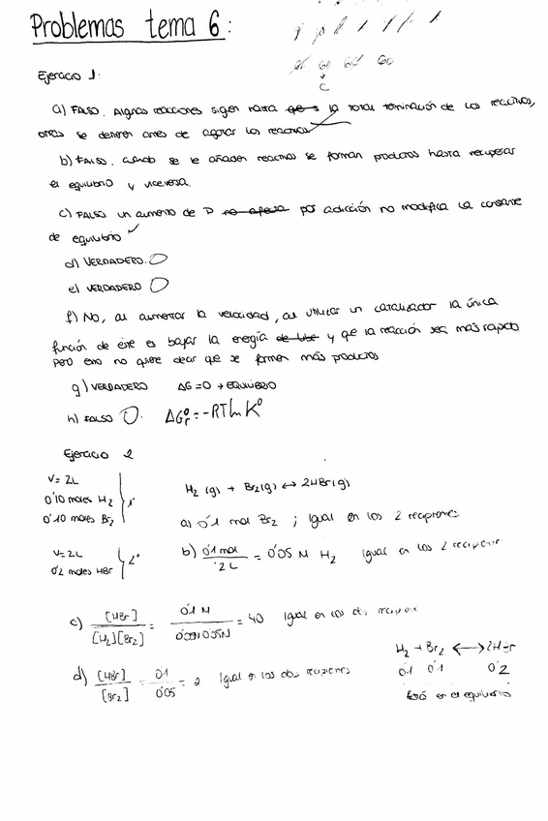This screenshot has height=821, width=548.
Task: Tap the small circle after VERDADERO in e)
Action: coord(159,286)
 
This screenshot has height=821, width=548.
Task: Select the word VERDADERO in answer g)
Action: coord(121,386)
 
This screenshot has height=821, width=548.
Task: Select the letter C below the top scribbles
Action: coord(335,87)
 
